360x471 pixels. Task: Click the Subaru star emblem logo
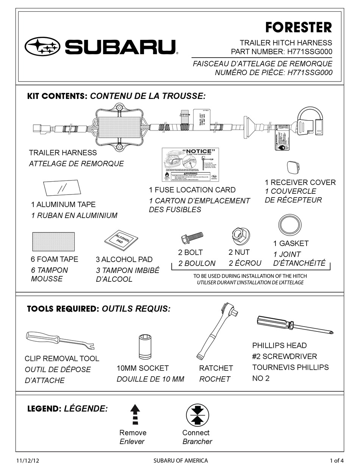[x=42, y=47]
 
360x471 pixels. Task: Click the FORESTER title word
[x=298, y=27]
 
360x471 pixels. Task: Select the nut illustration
[x=239, y=236]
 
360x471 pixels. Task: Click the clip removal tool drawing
[x=60, y=340]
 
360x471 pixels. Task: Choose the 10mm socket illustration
[x=146, y=345]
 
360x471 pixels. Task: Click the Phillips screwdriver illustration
[x=294, y=325]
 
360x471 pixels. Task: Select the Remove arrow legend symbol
[x=135, y=414]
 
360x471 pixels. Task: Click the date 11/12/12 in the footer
[x=28, y=461]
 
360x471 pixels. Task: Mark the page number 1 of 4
[x=337, y=461]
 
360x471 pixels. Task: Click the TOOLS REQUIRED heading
[x=63, y=309]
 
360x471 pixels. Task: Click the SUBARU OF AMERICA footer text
[x=180, y=461]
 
